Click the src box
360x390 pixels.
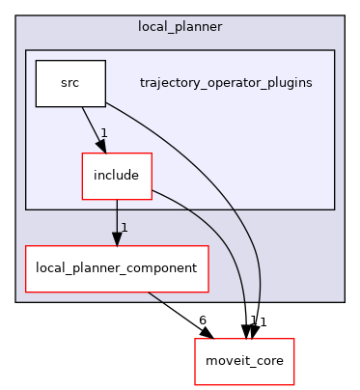[x=69, y=83]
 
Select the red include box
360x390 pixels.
[x=116, y=176]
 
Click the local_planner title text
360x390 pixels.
[x=180, y=26]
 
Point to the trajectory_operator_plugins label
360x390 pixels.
[x=225, y=83]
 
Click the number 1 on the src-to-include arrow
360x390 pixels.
[x=103, y=133]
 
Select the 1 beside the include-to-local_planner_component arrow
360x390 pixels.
[x=124, y=228]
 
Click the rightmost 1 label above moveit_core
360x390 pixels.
[x=262, y=321]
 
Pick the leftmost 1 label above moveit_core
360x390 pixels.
[x=252, y=320]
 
